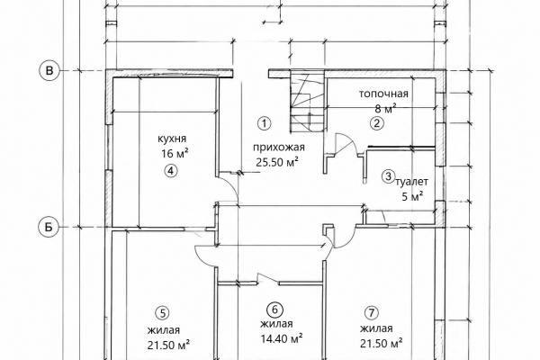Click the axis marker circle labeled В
(49, 70)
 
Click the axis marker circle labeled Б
(49, 227)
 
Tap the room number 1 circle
(265, 123)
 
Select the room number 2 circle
(377, 123)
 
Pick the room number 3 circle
(388, 176)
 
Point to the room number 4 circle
(171, 170)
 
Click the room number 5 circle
(163, 313)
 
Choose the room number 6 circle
(275, 310)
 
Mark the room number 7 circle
(371, 313)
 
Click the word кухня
(172, 139)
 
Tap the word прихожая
(279, 148)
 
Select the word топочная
(383, 94)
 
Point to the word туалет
(412, 181)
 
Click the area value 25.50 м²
(277, 162)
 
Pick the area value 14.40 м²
(282, 338)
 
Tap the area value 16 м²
(175, 153)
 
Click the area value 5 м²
(412, 197)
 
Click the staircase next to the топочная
(308, 101)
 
